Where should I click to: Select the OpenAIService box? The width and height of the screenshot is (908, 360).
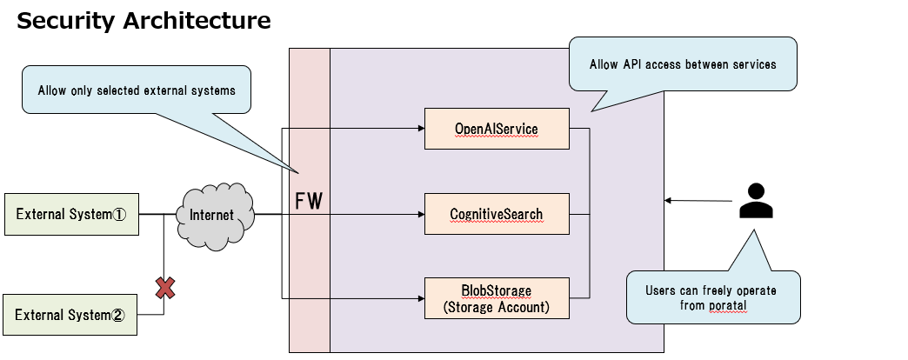tap(496, 129)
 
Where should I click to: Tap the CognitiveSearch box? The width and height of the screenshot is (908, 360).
tap(496, 214)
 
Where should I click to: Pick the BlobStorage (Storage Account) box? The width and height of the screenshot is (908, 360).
tap(496, 298)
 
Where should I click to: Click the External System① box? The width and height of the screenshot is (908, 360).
tap(71, 215)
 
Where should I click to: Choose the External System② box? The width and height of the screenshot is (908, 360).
tap(71, 315)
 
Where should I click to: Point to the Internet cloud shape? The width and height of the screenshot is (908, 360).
tap(213, 214)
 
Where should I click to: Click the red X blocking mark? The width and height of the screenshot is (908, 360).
tap(164, 288)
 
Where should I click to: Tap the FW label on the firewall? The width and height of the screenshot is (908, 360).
tap(309, 202)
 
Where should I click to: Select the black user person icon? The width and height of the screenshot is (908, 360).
tap(756, 201)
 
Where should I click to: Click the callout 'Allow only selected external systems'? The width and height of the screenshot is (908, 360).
tap(137, 90)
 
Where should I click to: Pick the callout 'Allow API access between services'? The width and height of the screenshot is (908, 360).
tap(683, 64)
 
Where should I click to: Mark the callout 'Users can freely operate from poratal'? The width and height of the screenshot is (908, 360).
tap(711, 297)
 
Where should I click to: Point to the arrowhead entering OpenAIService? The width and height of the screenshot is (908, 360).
tap(420, 129)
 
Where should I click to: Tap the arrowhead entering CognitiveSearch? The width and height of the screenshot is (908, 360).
tap(420, 214)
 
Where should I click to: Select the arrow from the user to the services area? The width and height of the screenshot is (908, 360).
tap(696, 201)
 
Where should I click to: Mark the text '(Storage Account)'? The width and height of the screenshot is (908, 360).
tap(496, 307)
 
